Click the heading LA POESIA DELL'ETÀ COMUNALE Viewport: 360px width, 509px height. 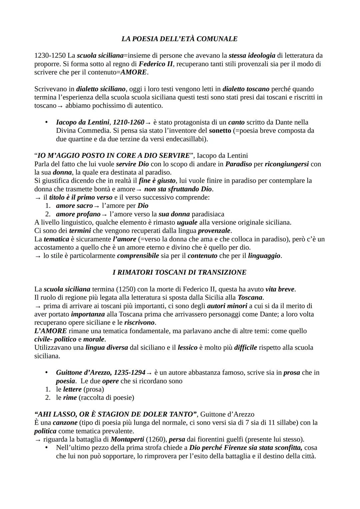click(179, 39)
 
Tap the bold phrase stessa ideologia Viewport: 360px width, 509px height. click(252, 56)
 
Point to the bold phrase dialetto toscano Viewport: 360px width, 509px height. click(246, 89)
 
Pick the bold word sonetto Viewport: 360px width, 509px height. click(220, 131)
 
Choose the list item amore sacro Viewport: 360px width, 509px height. click(74, 206)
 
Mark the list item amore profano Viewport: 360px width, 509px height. click(78, 214)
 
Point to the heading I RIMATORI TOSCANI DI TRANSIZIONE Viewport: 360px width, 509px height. click(179, 272)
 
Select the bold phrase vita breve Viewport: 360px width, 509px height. click(280, 289)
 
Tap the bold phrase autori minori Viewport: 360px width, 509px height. click(227, 306)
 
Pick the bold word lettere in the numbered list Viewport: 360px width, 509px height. click(72, 389)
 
